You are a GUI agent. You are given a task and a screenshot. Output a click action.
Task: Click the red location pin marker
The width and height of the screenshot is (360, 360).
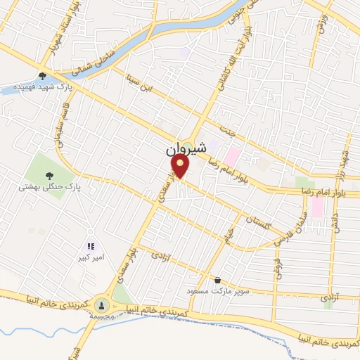[181, 167]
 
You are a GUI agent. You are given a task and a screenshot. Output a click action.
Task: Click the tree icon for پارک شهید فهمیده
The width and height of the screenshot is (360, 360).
[43, 75]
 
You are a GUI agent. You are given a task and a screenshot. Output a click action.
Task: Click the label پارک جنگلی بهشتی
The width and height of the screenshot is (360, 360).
[50, 188]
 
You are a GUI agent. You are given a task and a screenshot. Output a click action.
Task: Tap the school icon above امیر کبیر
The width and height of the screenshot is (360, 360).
[90, 246]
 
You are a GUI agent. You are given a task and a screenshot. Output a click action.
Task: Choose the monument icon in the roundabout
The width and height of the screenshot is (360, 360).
[103, 304]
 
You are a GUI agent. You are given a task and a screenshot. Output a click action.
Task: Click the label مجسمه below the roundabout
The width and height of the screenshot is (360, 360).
[103, 317]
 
